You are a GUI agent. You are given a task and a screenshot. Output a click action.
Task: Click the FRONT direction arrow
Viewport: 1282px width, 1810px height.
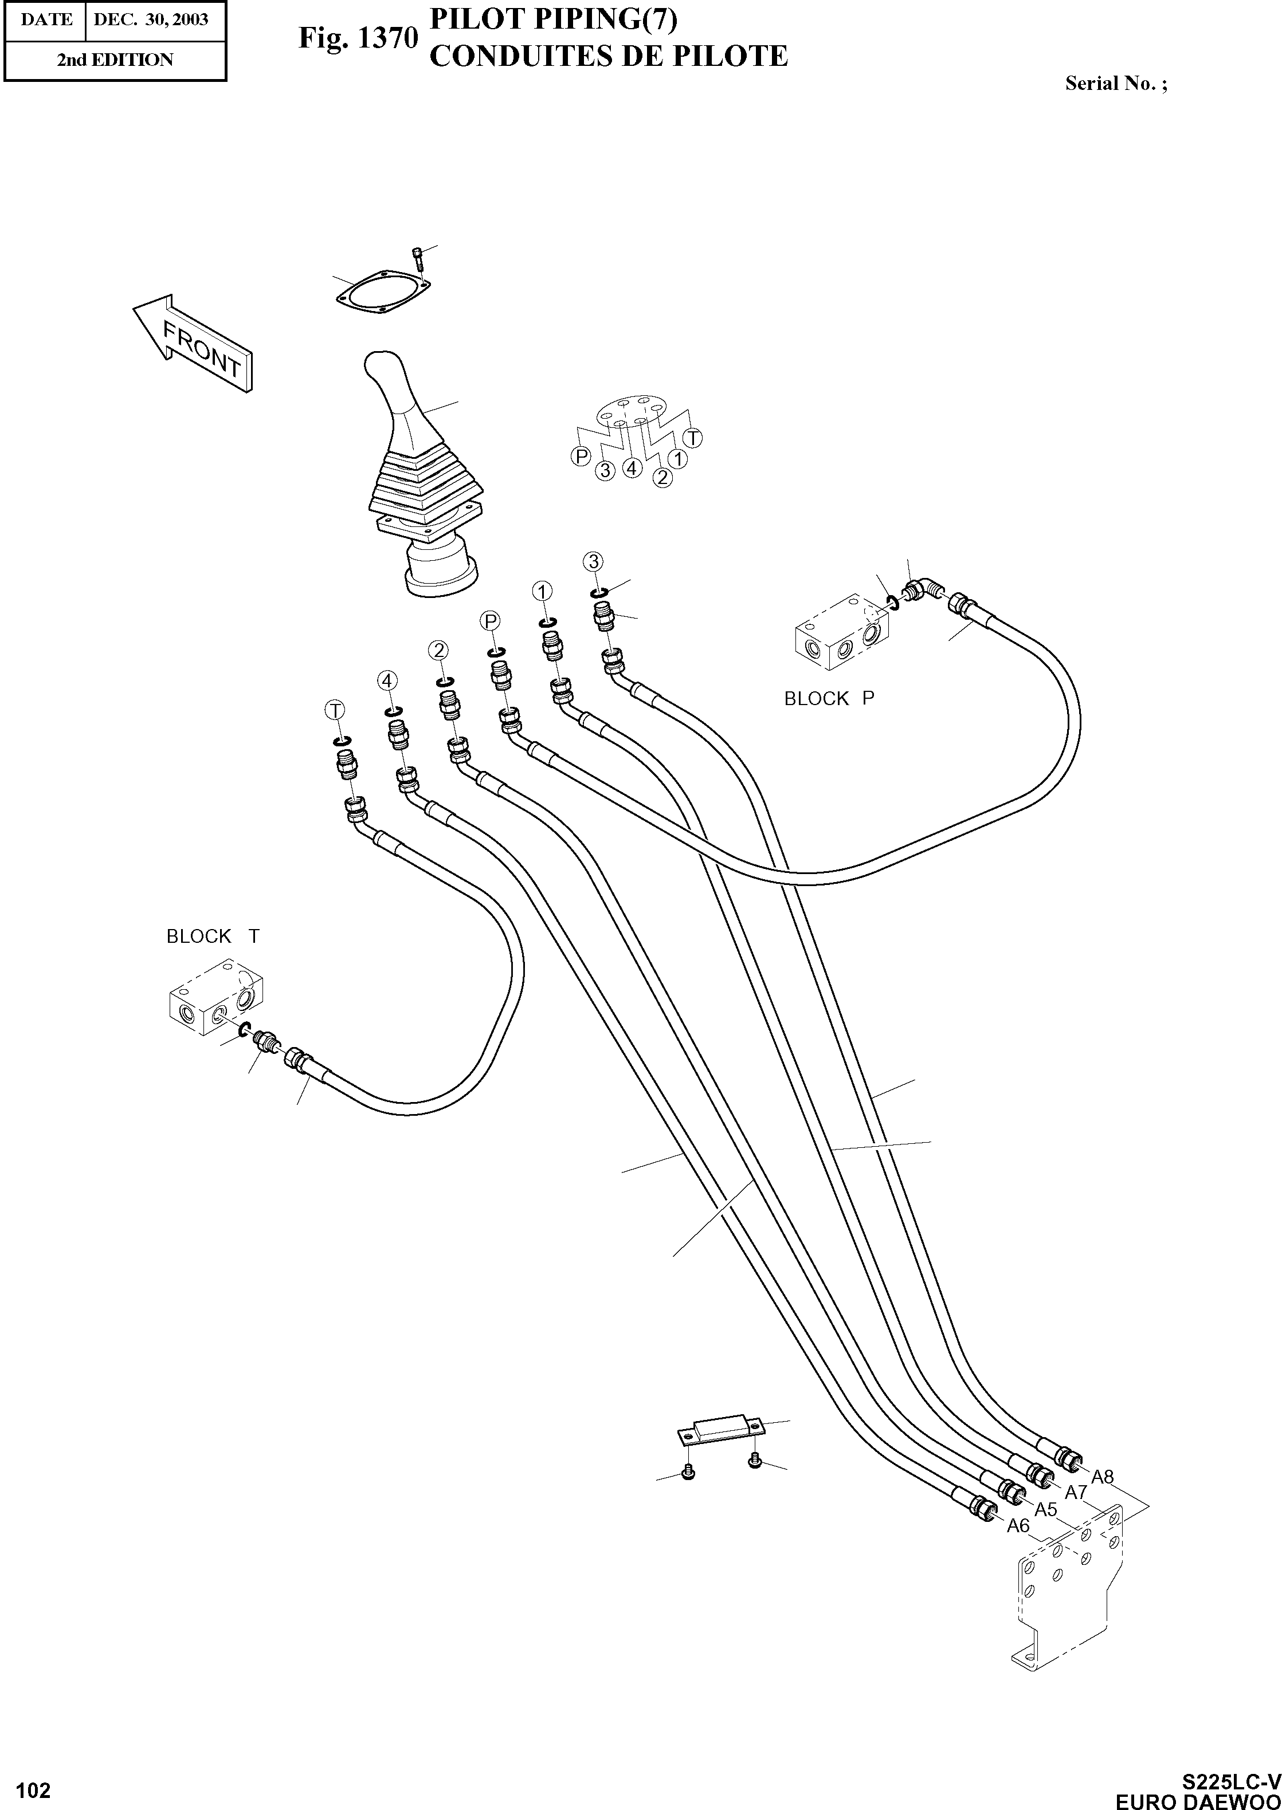point(193,345)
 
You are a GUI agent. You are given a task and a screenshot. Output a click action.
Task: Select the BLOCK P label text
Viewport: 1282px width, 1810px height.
point(829,698)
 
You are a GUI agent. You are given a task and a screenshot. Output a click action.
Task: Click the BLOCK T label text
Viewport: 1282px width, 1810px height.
point(213,936)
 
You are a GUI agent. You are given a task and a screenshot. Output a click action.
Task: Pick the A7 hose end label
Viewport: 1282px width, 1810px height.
point(1076,1492)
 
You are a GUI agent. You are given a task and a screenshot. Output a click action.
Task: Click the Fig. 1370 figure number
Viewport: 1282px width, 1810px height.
point(357,38)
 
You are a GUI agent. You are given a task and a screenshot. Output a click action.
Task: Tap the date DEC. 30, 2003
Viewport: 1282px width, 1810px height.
point(151,19)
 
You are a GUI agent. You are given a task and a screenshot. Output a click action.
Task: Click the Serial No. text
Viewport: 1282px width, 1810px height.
point(1115,84)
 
